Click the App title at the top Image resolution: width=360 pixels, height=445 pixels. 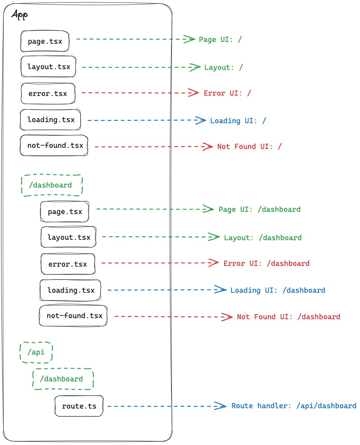coord(20,15)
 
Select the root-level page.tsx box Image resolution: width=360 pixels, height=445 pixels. coord(45,41)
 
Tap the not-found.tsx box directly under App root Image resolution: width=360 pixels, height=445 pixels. coord(54,145)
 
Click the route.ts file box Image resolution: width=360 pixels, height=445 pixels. coord(79,406)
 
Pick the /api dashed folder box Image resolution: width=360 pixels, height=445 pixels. coord(36,352)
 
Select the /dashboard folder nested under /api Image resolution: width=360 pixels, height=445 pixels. coord(63,379)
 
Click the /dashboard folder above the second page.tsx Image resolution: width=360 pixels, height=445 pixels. coord(52,185)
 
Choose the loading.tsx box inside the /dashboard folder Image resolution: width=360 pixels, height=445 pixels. coord(70,290)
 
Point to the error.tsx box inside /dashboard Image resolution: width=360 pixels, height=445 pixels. coord(68,264)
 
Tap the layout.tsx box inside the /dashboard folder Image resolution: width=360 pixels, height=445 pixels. coord(68,237)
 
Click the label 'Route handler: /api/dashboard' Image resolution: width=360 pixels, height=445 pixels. coord(293,406)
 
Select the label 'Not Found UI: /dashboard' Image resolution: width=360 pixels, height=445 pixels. coord(288,317)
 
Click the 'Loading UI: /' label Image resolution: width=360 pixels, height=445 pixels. coord(238,121)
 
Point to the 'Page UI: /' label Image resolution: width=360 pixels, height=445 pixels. coord(220,39)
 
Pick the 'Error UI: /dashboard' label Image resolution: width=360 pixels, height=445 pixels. coord(266,263)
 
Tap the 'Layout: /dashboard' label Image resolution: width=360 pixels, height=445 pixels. coord(262,238)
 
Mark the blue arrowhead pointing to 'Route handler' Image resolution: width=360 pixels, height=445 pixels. coord(220,406)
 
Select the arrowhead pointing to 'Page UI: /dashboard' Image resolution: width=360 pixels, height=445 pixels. coord(208,209)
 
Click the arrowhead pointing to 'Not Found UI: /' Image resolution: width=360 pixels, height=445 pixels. coord(208,146)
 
